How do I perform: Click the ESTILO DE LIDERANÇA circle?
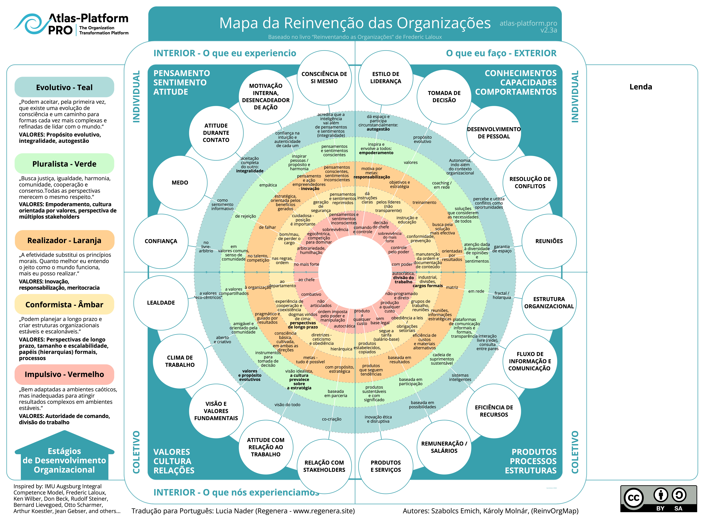tap(386, 78)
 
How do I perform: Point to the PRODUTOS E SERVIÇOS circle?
tap(386, 466)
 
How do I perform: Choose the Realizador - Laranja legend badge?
tap(64, 240)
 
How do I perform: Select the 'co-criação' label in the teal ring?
tap(332, 419)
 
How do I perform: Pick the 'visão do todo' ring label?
tap(287, 405)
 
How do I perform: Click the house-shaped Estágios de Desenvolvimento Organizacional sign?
tap(64, 456)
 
